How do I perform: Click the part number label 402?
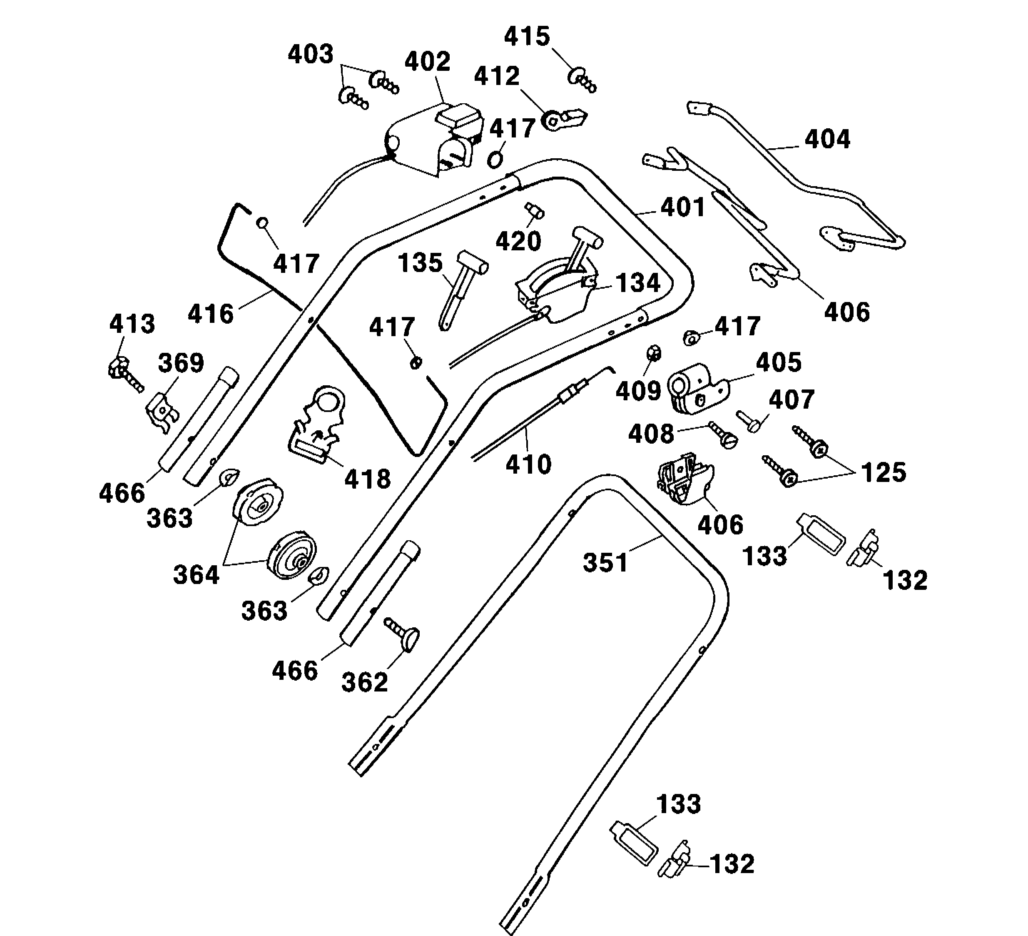[427, 62]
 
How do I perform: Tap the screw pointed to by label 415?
[581, 80]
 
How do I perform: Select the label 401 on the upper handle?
[683, 207]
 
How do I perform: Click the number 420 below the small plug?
[518, 241]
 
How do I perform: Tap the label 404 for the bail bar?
[827, 139]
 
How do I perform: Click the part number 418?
[367, 479]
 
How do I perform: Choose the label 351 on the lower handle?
[605, 563]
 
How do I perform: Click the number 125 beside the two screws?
[883, 472]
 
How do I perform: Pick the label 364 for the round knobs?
[197, 575]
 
